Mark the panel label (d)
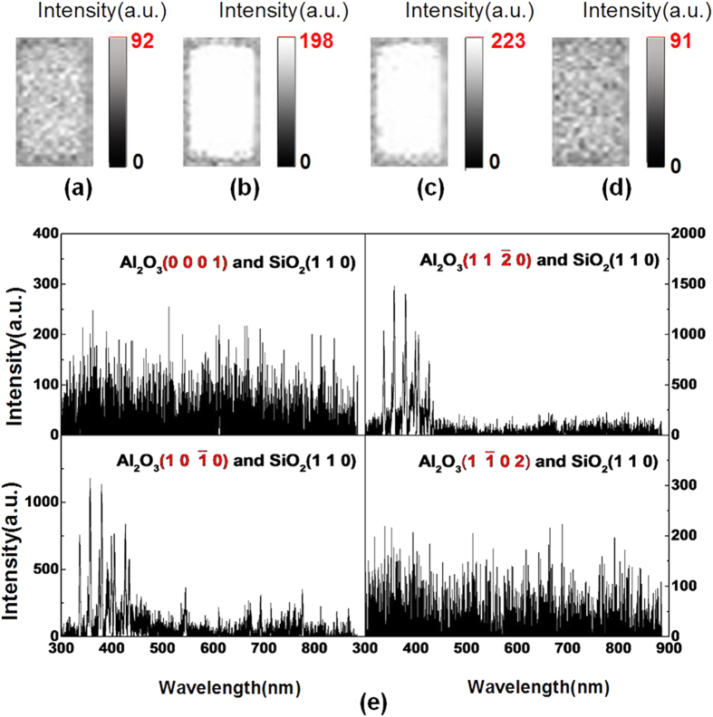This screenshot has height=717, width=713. (604, 190)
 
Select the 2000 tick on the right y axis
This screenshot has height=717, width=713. (688, 234)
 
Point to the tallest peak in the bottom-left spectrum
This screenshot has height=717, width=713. (90, 480)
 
